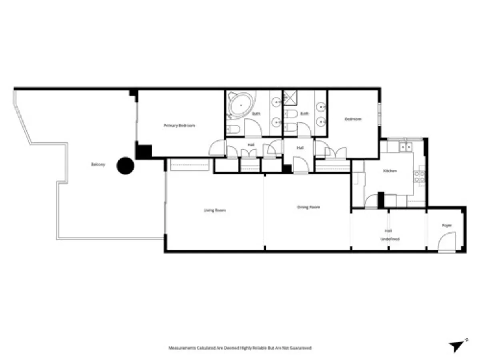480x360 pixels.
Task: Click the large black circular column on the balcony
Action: click(x=125, y=166)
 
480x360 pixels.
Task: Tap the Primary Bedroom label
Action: click(x=180, y=126)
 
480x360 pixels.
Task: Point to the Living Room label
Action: click(x=215, y=210)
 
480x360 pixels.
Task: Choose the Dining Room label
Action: click(x=308, y=207)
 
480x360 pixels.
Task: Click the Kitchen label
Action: click(x=390, y=171)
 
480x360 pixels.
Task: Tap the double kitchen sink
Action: click(x=406, y=147)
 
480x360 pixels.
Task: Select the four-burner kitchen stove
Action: click(x=419, y=176)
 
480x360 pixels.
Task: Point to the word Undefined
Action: click(x=390, y=239)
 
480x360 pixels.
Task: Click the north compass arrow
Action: click(x=456, y=346)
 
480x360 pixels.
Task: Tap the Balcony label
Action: click(x=98, y=164)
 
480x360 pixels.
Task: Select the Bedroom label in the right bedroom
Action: click(x=353, y=119)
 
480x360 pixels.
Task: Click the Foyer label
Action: click(x=446, y=226)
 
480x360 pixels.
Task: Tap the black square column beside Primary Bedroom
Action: click(x=143, y=152)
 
